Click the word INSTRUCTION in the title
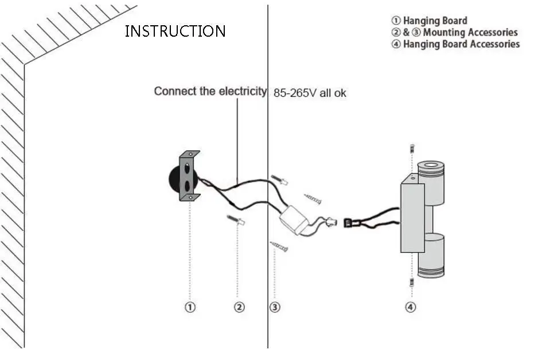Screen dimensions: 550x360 coord(175,31)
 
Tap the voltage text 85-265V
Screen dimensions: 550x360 coord(295,93)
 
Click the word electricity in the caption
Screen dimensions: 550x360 coord(243,91)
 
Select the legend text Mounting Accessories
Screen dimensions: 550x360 coord(470,32)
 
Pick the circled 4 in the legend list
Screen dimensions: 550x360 coord(396,44)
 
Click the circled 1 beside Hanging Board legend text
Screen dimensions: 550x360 coord(396,21)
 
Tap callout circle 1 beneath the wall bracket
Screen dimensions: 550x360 coord(190,307)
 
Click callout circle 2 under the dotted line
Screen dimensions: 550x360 coord(239,307)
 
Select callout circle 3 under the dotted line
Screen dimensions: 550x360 coord(275,307)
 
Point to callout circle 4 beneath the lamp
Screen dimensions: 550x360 coord(411,307)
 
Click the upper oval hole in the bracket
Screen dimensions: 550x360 coord(188,169)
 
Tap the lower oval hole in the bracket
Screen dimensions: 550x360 coord(188,185)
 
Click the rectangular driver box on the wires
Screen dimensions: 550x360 coord(294,220)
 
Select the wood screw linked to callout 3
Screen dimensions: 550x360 coord(279,246)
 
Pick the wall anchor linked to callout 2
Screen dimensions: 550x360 coord(236,220)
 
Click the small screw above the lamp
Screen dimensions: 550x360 coord(412,148)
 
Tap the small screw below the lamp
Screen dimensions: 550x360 coord(412,282)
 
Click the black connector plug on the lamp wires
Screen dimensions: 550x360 coord(348,223)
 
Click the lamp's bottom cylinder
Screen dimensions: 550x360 coord(431,256)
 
